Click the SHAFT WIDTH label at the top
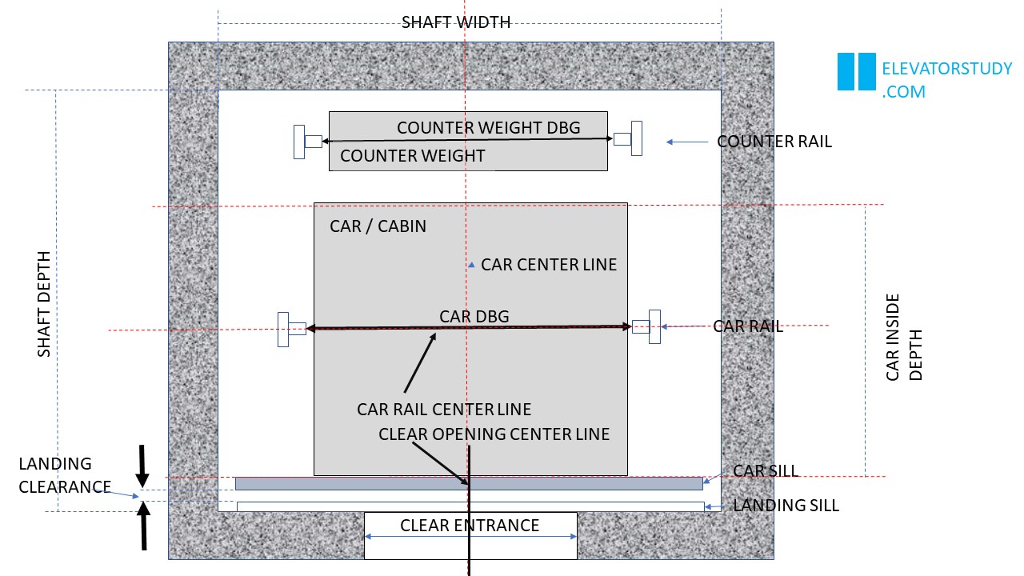(456, 22)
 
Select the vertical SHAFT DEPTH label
(44, 304)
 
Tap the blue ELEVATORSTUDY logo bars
(856, 72)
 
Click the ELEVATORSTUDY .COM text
(946, 80)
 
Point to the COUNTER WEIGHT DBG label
(488, 128)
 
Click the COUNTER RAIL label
(774, 142)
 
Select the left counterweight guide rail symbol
(306, 142)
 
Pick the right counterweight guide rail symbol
(629, 138)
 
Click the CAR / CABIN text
(378, 226)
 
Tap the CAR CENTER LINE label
(549, 265)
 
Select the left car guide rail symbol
(290, 329)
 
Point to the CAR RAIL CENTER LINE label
(444, 410)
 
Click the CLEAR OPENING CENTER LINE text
(494, 434)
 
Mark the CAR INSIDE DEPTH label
(904, 337)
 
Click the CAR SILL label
(766, 470)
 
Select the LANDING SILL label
(786, 506)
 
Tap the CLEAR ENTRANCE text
(470, 526)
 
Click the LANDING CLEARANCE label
(64, 475)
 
